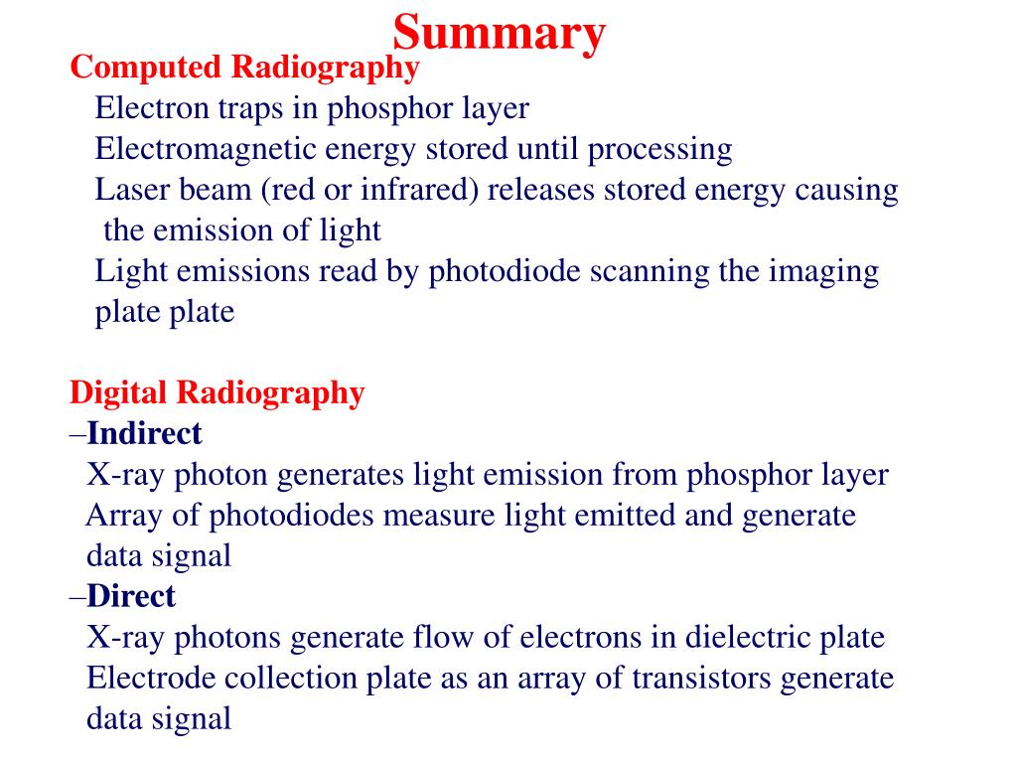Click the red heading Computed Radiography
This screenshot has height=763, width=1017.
pos(244,68)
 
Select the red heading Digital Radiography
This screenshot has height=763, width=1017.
pos(217,392)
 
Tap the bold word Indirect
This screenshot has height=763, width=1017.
pos(144,433)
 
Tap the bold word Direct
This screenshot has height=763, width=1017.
pos(131,596)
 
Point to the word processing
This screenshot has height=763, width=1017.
pos(659,149)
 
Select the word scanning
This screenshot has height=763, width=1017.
pos(650,271)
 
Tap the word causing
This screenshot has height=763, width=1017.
pos(847,190)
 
